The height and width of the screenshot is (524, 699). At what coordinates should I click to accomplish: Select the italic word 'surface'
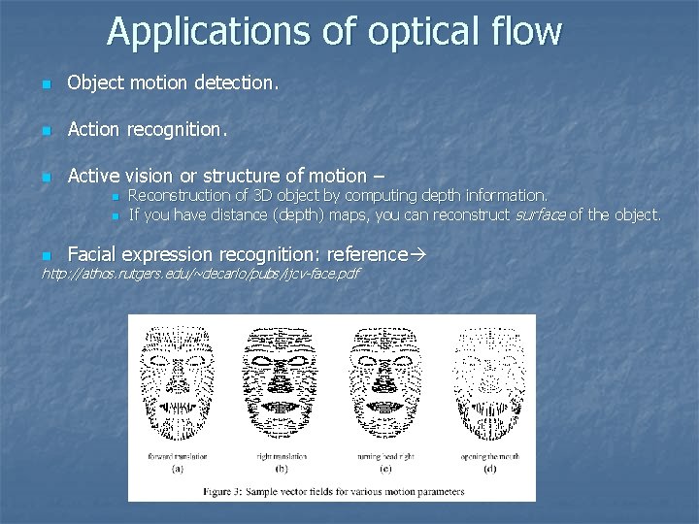point(539,214)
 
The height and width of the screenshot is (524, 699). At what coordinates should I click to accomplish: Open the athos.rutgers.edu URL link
point(199,274)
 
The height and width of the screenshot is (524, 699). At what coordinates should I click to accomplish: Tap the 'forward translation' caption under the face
point(177,456)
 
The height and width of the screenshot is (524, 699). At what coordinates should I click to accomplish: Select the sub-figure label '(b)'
point(281,469)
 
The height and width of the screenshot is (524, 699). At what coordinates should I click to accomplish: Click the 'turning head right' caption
point(385,456)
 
